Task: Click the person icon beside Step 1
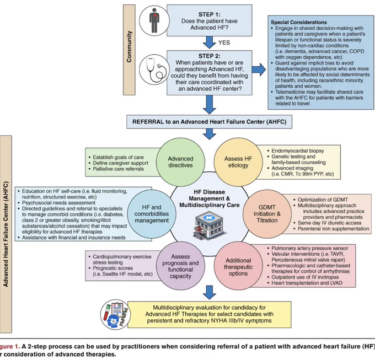(x=154, y=20)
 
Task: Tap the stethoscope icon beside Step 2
(x=154, y=69)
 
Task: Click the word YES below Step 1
(x=224, y=42)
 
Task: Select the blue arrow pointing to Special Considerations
(x=259, y=70)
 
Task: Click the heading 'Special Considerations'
(x=299, y=22)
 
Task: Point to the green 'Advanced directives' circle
(x=180, y=162)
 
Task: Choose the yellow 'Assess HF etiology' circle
(x=238, y=162)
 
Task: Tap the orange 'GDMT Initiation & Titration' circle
(x=267, y=214)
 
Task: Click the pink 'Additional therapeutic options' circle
(x=238, y=267)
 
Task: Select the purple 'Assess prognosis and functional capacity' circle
(x=180, y=266)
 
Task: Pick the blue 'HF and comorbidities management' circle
(x=152, y=214)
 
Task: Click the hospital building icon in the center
(x=209, y=225)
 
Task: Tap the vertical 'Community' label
(x=129, y=50)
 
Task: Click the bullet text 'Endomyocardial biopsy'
(x=297, y=151)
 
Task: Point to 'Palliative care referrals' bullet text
(x=119, y=169)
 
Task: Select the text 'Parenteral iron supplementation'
(x=334, y=229)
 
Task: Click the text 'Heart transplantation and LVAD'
(x=307, y=283)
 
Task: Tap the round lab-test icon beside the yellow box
(x=116, y=315)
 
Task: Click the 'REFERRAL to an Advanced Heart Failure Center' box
(x=209, y=122)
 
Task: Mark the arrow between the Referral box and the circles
(x=209, y=134)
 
